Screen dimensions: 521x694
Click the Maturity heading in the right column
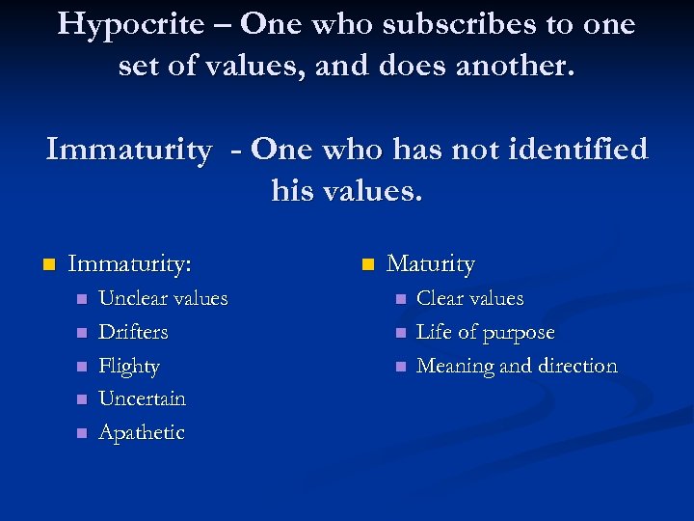click(x=431, y=263)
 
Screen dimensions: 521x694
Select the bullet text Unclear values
click(x=163, y=298)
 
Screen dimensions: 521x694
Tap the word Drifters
click(x=133, y=332)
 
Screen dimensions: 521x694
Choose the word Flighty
click(x=129, y=367)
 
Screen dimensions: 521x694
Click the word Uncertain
click(x=142, y=398)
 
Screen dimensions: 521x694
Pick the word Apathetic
click(x=141, y=432)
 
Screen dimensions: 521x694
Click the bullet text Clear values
click(x=469, y=298)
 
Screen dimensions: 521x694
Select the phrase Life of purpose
click(x=485, y=332)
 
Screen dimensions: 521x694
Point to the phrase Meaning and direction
click(x=516, y=366)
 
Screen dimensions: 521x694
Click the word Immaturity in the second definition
click(x=128, y=151)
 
